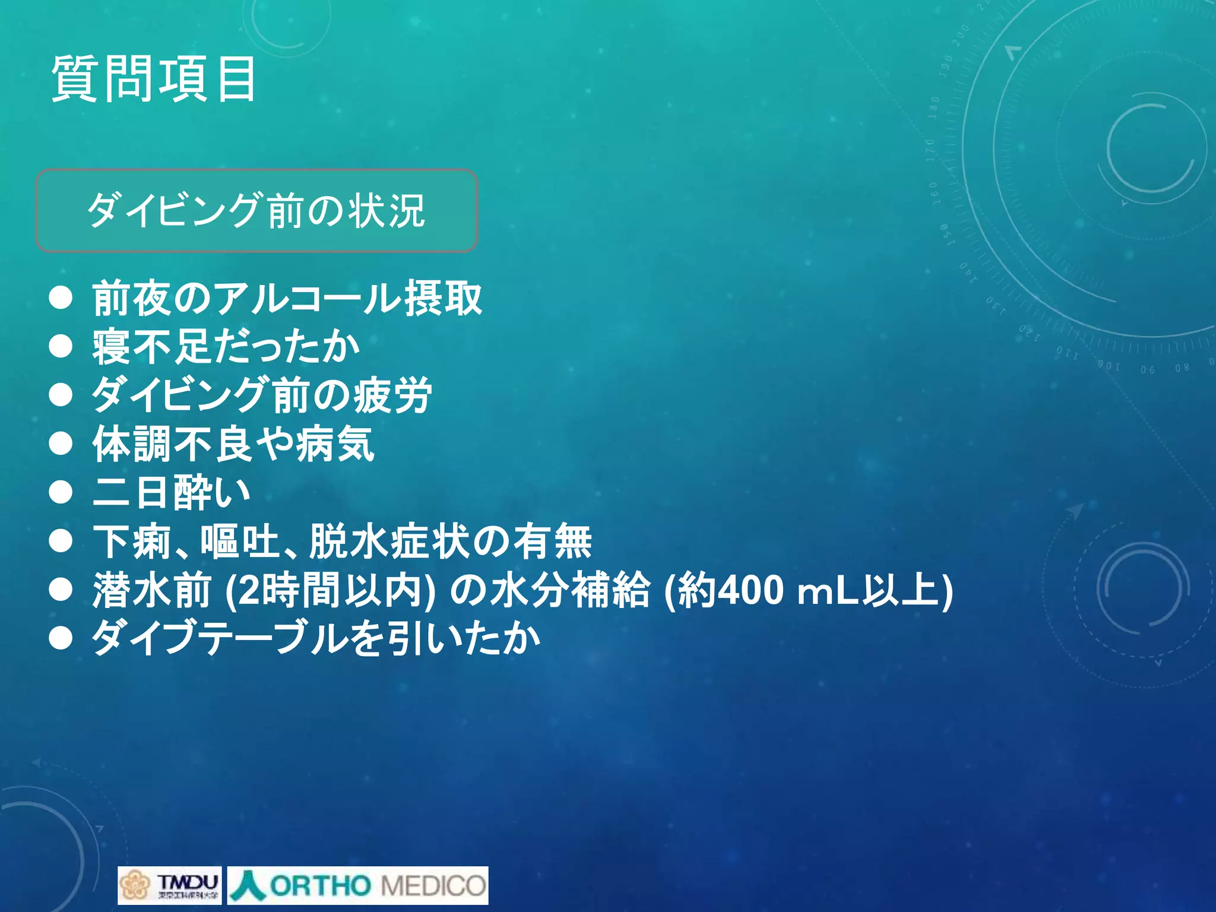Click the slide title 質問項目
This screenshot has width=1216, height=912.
154,79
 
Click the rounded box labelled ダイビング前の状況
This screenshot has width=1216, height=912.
256,211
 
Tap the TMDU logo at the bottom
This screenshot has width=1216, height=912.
170,885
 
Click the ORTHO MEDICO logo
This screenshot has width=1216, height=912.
358,885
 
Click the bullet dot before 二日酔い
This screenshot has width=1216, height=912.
61,492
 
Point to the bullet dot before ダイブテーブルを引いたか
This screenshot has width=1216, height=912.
61,639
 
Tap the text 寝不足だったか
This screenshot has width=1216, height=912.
226,347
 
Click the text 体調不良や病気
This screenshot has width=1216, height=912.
233,444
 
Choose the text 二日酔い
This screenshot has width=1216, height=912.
171,492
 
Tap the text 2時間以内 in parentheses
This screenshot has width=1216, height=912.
330,590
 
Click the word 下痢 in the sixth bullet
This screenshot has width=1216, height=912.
132,541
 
